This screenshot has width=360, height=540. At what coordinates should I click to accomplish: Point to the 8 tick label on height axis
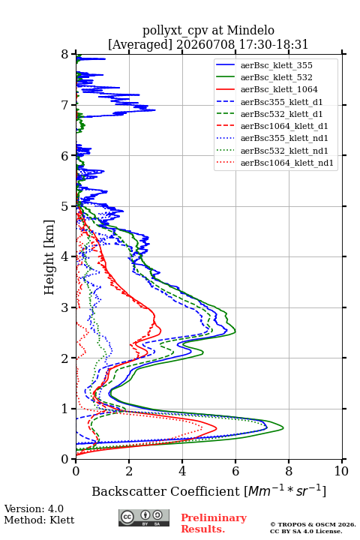(65, 55)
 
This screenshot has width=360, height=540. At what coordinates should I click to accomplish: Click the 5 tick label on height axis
(65, 207)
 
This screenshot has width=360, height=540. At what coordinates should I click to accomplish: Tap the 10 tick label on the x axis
(341, 471)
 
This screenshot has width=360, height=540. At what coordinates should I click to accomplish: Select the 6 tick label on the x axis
(235, 471)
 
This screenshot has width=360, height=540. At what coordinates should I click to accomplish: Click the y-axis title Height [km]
(49, 257)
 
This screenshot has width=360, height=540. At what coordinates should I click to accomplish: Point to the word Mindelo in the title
(250, 30)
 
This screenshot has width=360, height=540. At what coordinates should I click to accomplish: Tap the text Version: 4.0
(34, 508)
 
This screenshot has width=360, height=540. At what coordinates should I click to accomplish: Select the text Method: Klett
(39, 520)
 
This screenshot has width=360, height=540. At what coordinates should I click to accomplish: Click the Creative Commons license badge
(144, 517)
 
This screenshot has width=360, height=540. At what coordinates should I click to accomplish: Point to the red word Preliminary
(214, 517)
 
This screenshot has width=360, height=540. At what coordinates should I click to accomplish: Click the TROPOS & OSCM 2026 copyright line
(313, 524)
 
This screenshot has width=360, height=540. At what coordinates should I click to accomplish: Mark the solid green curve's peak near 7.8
(283, 428)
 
